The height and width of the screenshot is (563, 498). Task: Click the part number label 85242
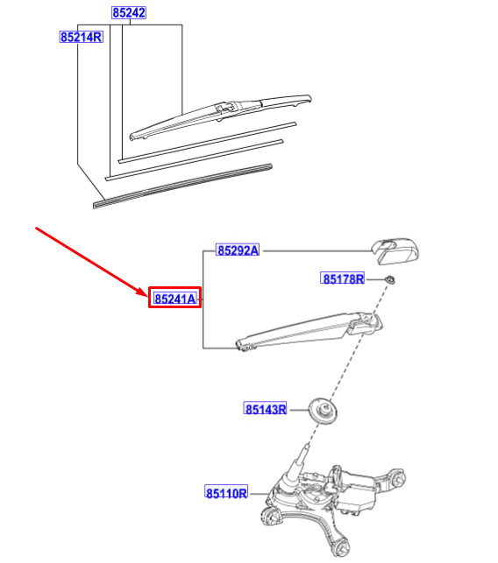(x=129, y=13)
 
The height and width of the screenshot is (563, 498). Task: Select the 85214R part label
(x=82, y=37)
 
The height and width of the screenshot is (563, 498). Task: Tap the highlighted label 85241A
(x=175, y=299)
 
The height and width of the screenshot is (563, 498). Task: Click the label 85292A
(x=238, y=250)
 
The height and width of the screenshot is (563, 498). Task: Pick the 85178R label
(x=343, y=278)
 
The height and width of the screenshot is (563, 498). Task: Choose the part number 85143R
(x=266, y=409)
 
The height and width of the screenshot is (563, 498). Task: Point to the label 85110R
(x=226, y=493)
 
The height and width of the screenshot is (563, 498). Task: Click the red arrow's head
(x=143, y=292)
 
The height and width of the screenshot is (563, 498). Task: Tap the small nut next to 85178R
(x=390, y=279)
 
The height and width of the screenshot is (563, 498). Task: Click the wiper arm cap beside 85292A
(x=395, y=250)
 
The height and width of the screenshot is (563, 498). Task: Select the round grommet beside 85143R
(x=324, y=412)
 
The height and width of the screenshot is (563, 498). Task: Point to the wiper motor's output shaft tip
(x=307, y=447)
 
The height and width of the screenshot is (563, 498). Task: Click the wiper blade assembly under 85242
(x=220, y=117)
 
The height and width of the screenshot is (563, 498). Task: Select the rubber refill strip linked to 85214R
(x=182, y=186)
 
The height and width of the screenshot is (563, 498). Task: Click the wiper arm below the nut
(x=309, y=332)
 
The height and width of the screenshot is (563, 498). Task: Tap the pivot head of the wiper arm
(x=366, y=322)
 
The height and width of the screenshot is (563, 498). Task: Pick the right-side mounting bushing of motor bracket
(x=398, y=477)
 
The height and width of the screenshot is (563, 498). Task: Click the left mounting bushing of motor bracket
(x=271, y=517)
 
